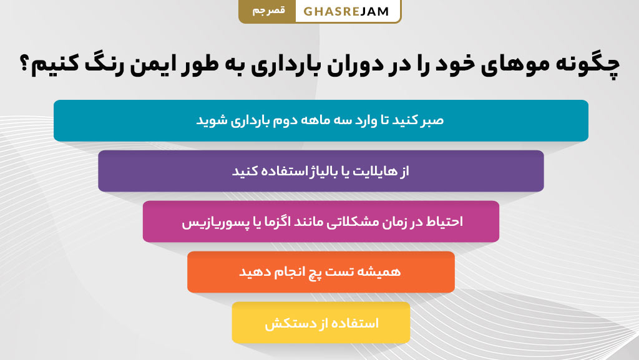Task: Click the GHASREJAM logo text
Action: tap(347, 11)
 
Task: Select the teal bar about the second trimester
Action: tap(321, 120)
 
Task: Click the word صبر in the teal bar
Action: tap(431, 120)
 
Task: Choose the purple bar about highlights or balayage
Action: tap(321, 171)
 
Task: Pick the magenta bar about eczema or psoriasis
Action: tap(321, 221)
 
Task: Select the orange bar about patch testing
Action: tap(321, 272)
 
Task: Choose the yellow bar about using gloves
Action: tap(321, 323)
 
